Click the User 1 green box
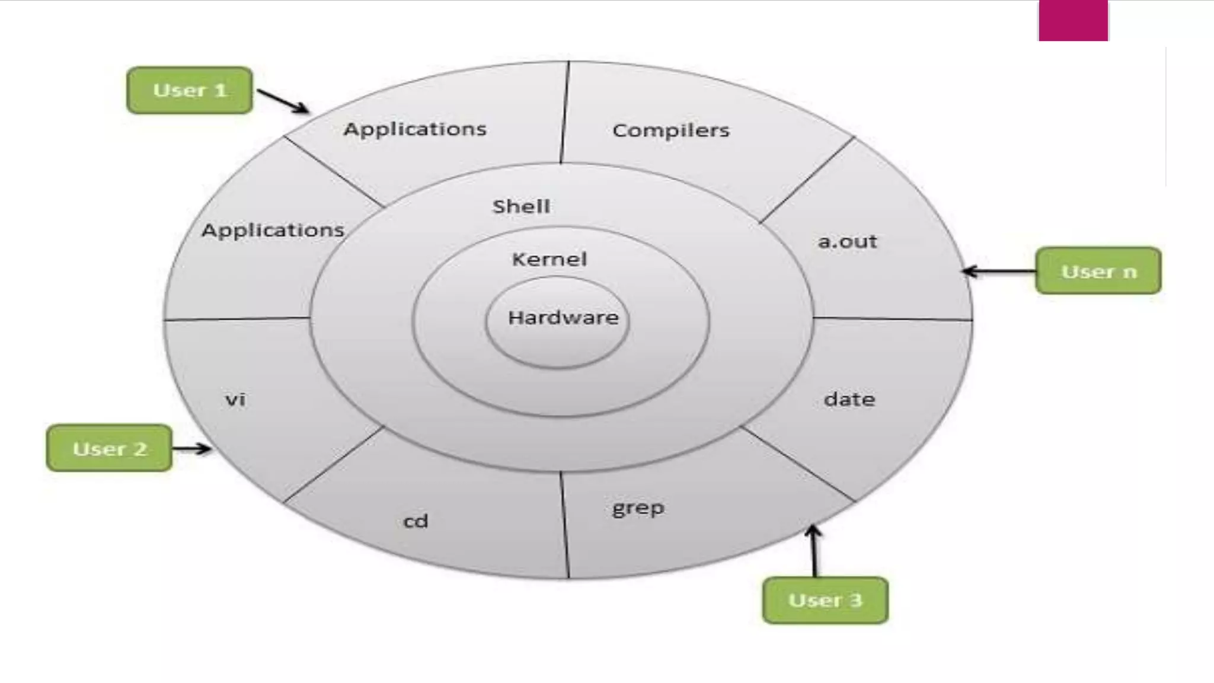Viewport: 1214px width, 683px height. click(x=190, y=90)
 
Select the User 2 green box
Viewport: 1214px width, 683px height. click(x=110, y=448)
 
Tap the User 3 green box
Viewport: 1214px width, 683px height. click(x=825, y=600)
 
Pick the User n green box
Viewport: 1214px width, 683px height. click(x=1098, y=271)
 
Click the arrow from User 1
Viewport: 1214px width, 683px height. click(x=282, y=101)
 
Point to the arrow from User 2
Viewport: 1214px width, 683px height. click(x=191, y=448)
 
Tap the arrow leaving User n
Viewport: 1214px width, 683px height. click(x=999, y=272)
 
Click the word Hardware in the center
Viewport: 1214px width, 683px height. click(x=563, y=318)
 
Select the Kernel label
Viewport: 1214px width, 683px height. click(x=550, y=259)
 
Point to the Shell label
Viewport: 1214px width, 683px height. click(x=522, y=206)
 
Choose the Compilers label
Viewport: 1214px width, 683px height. click(x=671, y=130)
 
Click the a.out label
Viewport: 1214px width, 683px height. click(x=847, y=241)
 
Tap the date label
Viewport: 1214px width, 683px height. click(x=849, y=399)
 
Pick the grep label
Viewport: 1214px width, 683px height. click(x=638, y=509)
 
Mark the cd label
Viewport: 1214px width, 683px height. click(x=416, y=521)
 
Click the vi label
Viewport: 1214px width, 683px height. click(x=235, y=400)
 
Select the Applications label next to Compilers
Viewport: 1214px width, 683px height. click(x=415, y=129)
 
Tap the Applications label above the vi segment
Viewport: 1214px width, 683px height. click(x=273, y=230)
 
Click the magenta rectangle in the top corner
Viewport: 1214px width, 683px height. click(x=1073, y=20)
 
